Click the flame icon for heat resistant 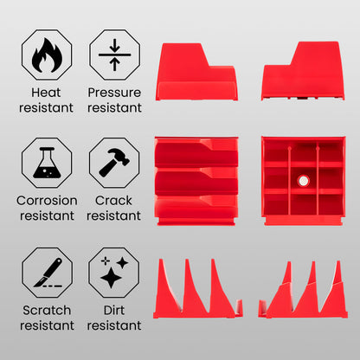(47, 55)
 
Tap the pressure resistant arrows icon (114, 55)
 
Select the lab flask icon (47, 163)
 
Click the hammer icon (114, 162)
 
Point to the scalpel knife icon (48, 273)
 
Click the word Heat (46, 93)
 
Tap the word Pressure (114, 93)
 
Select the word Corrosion (47, 201)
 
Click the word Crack (113, 201)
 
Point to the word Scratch (47, 311)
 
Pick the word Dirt (114, 311)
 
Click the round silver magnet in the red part (303, 181)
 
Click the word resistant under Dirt (114, 325)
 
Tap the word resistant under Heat (46, 108)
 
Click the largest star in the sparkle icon (111, 278)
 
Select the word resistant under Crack (113, 215)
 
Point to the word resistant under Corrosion (47, 215)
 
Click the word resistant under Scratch (47, 325)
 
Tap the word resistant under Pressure (114, 108)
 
